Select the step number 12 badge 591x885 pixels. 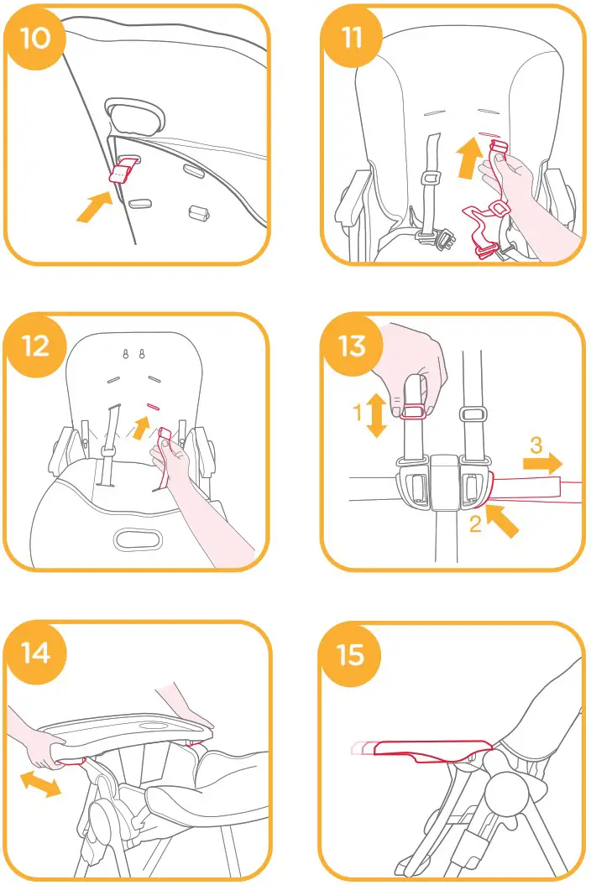tap(34, 345)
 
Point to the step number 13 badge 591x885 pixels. tap(351, 345)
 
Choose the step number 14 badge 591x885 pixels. tap(34, 652)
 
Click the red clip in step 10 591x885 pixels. tap(123, 172)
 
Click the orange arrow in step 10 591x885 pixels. tap(95, 206)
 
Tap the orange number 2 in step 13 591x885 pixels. tap(475, 526)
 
